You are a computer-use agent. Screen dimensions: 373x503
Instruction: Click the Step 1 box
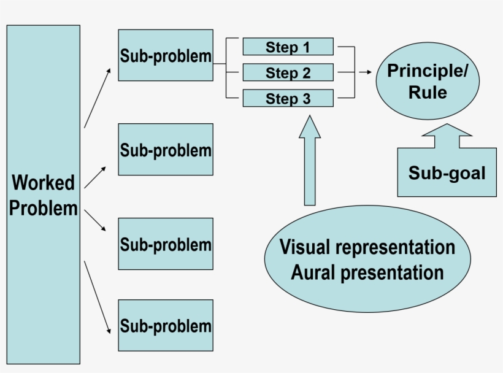coord(288,47)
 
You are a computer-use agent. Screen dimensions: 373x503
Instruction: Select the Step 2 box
coord(288,72)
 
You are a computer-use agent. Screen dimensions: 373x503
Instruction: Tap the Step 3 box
coord(288,98)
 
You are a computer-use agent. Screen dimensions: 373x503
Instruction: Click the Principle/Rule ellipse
coord(427,82)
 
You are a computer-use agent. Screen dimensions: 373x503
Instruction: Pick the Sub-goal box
coord(447,173)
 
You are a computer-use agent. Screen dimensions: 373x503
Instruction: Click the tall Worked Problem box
coord(43,194)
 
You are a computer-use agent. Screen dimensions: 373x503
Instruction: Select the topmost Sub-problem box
coord(166,55)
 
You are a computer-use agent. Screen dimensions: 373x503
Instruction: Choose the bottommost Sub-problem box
coord(166,325)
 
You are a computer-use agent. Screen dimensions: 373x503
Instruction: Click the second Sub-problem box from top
coord(166,150)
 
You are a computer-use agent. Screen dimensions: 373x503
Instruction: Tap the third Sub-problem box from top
coord(166,244)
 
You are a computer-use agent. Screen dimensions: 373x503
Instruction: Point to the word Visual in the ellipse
coord(305,247)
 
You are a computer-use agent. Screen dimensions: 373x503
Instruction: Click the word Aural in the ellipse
coord(313,272)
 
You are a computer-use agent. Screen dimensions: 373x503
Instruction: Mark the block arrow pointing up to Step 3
coord(310,163)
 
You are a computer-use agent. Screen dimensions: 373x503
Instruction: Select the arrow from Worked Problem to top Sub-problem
coord(97,98)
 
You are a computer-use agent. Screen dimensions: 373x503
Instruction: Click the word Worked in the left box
coord(43,183)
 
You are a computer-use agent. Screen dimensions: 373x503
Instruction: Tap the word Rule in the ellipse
coord(427,93)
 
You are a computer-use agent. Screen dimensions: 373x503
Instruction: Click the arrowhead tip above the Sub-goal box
coord(447,126)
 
